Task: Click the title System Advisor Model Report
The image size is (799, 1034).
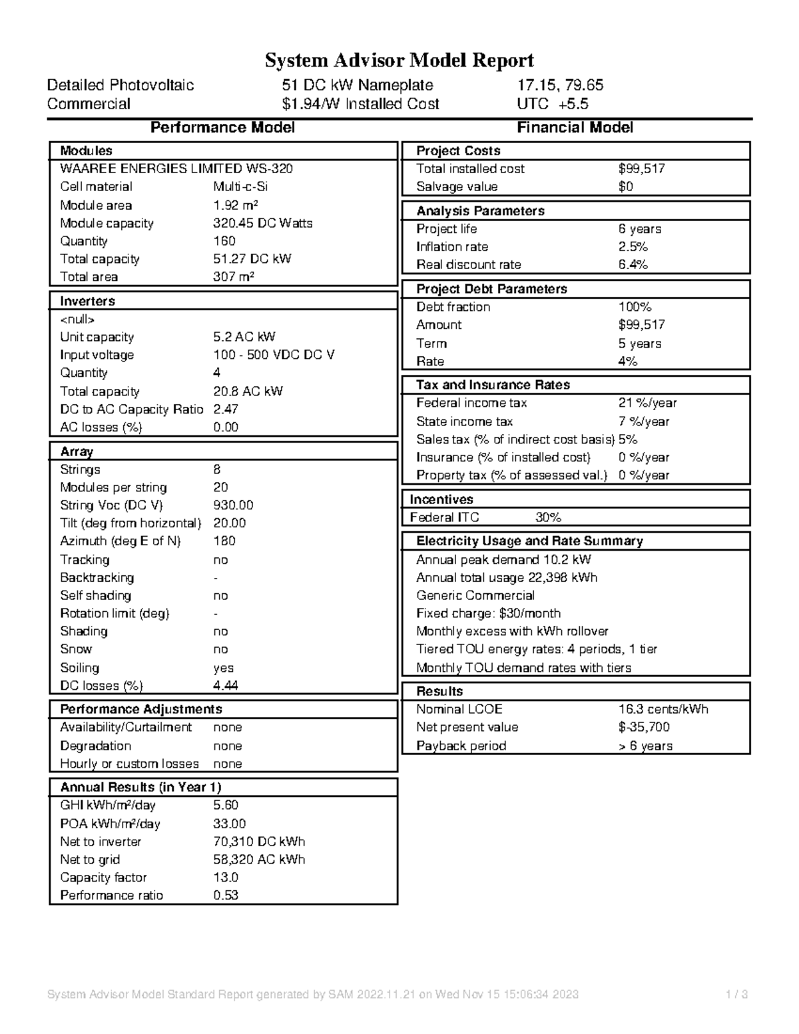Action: coord(400,61)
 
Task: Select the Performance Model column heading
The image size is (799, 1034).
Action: coord(222,128)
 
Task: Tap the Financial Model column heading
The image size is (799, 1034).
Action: coord(575,128)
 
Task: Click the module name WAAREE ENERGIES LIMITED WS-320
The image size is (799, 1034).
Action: coord(176,169)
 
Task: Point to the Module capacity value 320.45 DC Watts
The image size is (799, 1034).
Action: coord(262,224)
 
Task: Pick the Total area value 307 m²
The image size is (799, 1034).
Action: coord(233,277)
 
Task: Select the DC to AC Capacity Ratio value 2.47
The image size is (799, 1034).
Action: coord(226,409)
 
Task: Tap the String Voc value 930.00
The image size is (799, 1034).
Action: coord(233,505)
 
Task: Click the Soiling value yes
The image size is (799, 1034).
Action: coord(223,668)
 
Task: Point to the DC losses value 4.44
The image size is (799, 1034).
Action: coord(226,686)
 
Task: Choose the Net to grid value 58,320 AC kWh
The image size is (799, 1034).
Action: coord(259,860)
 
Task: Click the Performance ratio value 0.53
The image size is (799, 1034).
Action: coord(226,896)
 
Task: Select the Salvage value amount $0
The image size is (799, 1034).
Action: coord(625,187)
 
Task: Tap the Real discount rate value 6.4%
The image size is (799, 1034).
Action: coord(633,265)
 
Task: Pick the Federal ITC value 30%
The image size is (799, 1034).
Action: coord(548,517)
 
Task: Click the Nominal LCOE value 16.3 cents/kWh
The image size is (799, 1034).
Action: coord(663,710)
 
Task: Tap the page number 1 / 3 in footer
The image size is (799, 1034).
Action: coord(737,995)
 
